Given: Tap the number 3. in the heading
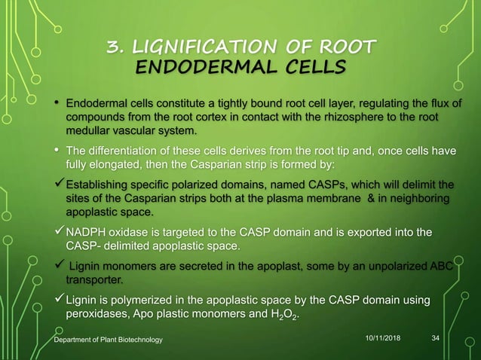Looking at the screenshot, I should [x=118, y=47].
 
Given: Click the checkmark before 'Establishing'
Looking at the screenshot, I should [x=59, y=185].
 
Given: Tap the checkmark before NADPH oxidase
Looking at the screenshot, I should [x=59, y=230].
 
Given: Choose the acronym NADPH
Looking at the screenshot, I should [x=88, y=230].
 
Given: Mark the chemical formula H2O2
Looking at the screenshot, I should [x=283, y=316].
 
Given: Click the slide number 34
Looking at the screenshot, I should [x=435, y=340].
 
